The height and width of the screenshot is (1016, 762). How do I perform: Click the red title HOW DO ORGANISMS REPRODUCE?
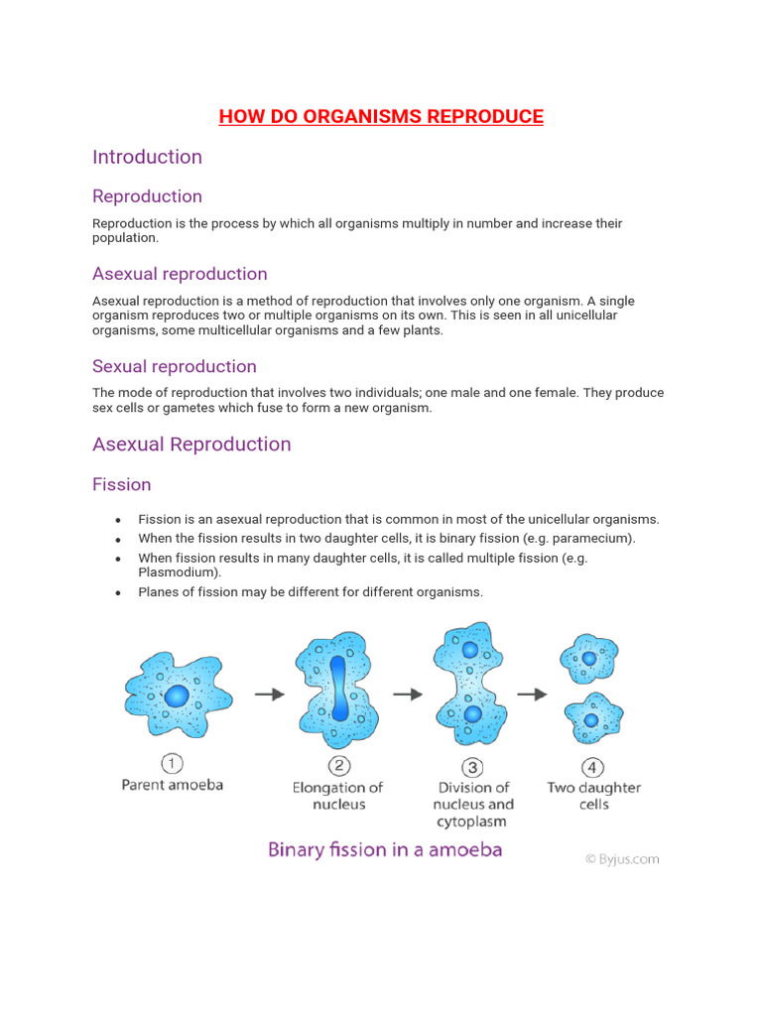point(381,117)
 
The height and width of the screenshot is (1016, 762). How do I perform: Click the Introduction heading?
point(147,157)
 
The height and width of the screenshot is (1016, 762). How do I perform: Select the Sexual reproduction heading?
point(174,366)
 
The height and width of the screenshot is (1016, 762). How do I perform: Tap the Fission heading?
point(121,484)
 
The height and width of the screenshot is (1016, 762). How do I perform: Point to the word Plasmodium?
point(180,572)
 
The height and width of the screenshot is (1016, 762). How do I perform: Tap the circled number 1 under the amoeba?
point(173,763)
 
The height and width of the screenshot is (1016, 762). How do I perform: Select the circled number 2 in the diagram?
point(337,765)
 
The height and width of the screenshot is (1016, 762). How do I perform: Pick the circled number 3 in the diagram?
point(473,766)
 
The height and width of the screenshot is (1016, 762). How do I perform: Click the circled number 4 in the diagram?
point(593,766)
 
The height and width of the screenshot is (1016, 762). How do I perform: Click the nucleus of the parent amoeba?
point(176,696)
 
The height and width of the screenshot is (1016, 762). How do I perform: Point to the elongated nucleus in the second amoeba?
point(337,687)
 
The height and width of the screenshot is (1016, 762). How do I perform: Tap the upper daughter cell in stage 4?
point(589,658)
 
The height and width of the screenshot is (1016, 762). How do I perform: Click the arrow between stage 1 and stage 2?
point(270,695)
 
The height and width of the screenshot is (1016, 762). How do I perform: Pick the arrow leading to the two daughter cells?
point(533,695)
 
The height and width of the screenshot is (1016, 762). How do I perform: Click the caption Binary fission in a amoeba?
point(385,849)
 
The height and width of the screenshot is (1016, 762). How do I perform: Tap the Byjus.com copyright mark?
point(621,859)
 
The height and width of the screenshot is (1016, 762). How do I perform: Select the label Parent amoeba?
point(173,785)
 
